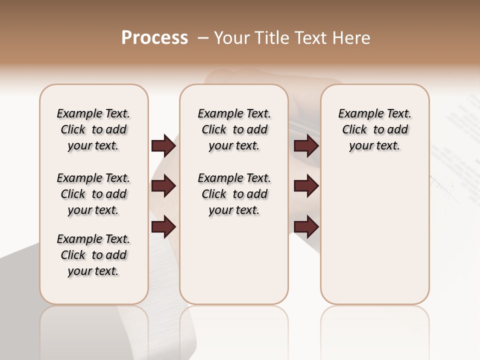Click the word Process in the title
click(x=154, y=38)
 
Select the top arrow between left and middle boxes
click(x=163, y=146)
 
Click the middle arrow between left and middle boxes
click(x=163, y=186)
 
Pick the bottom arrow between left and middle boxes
click(x=163, y=227)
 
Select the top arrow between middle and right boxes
click(x=306, y=146)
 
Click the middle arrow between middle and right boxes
click(x=306, y=186)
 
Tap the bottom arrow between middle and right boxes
click(x=306, y=227)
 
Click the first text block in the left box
click(x=93, y=129)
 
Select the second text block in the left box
click(x=93, y=194)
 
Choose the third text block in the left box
click(x=93, y=255)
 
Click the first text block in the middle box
click(x=234, y=129)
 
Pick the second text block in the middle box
click(x=234, y=194)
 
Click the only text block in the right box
click(x=374, y=129)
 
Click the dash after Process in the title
click(x=202, y=38)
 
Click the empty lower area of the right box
click(x=374, y=235)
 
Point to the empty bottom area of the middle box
click(x=234, y=265)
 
